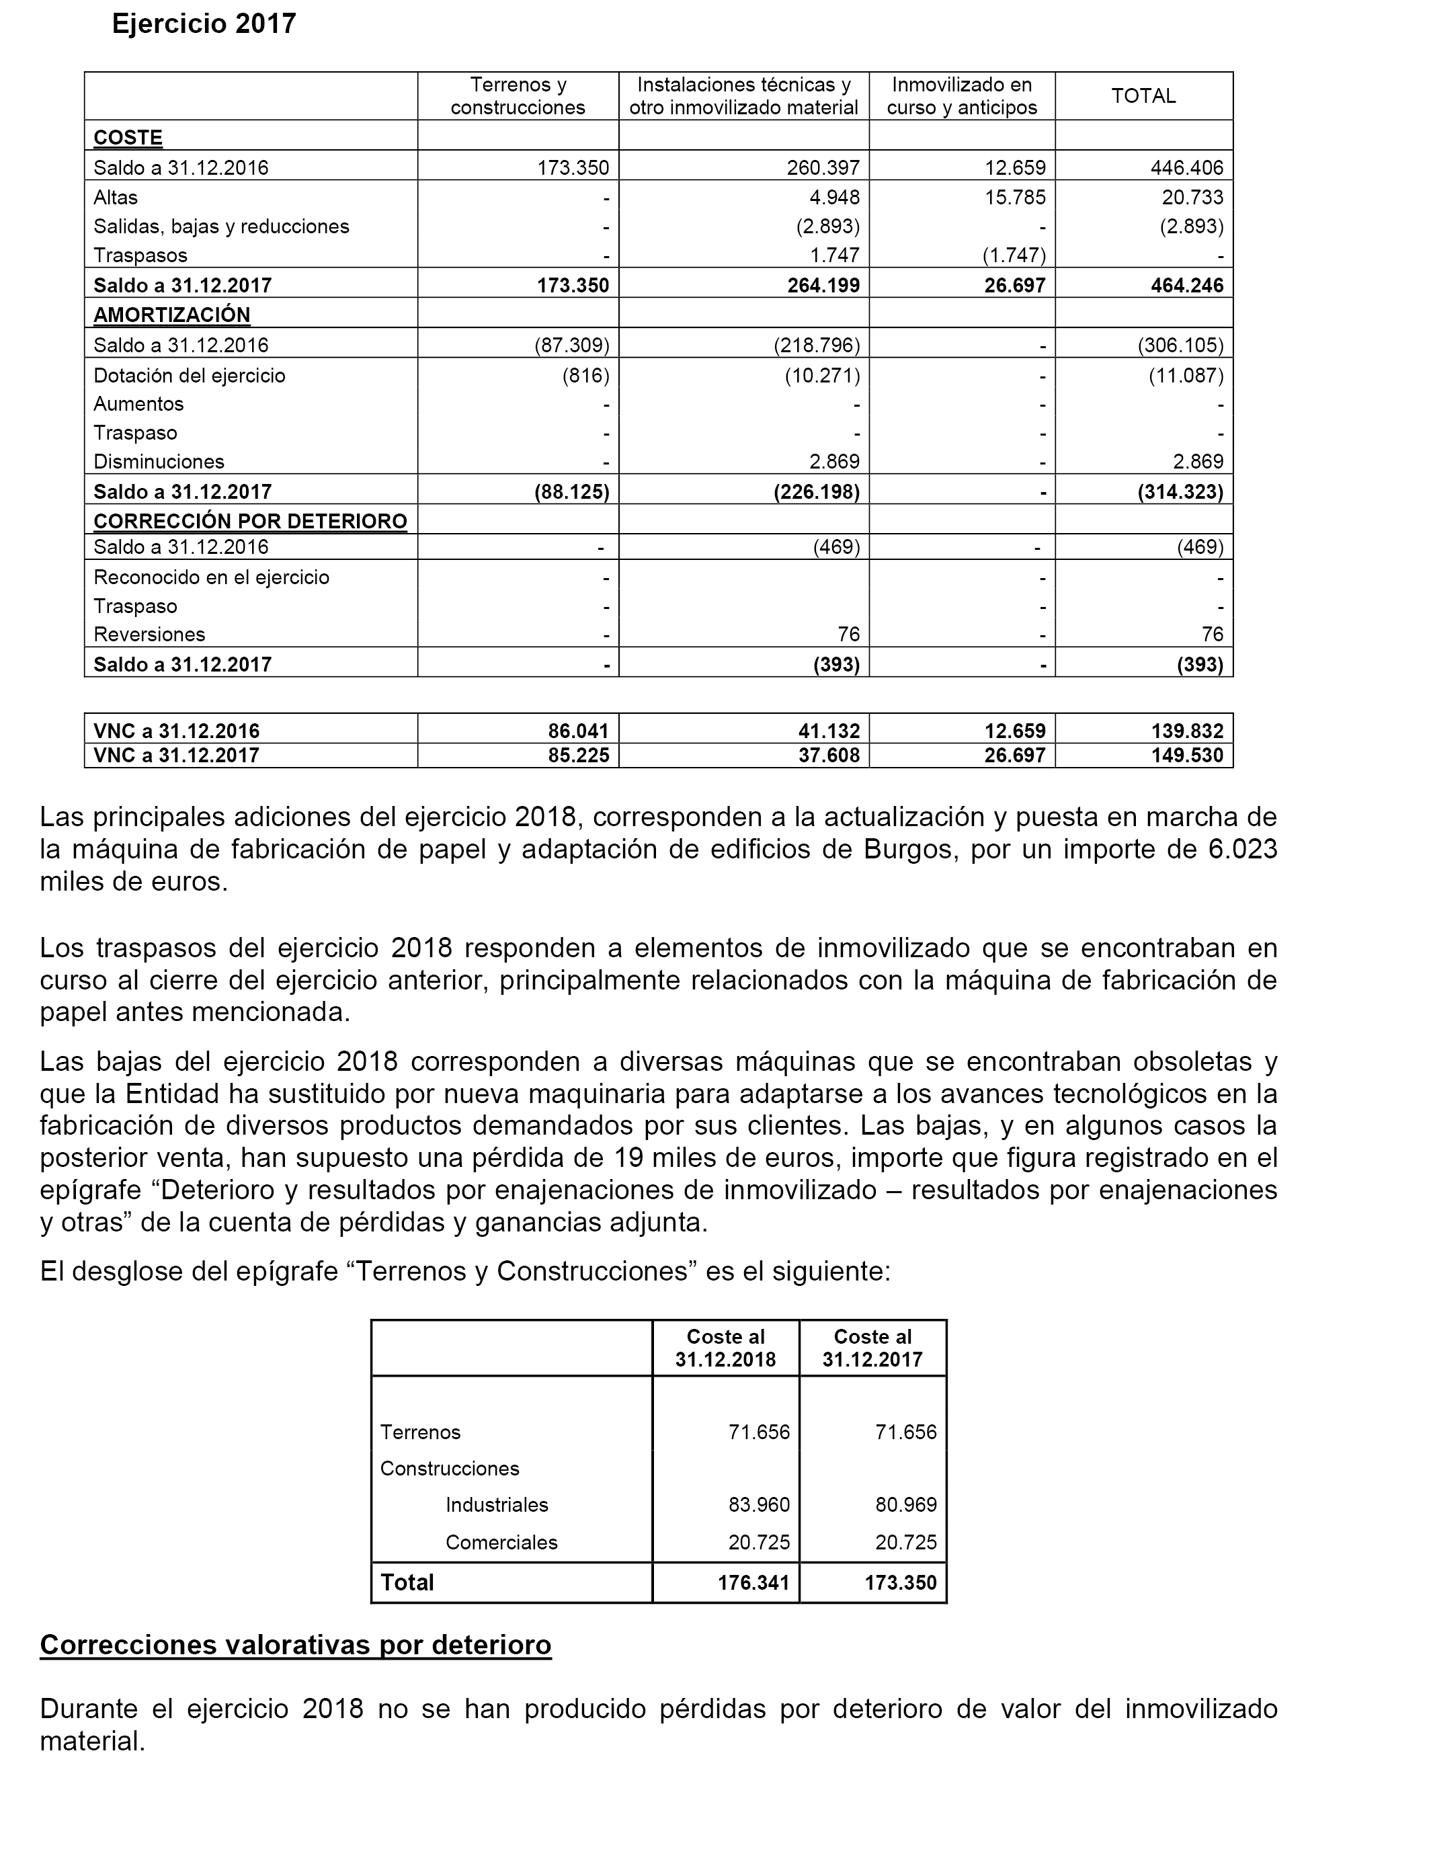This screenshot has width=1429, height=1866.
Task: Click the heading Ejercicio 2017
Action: [204, 24]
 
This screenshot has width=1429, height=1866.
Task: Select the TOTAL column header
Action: [1143, 96]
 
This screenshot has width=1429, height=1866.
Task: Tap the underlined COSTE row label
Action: [128, 137]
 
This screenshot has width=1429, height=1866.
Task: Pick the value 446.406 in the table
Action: [1186, 167]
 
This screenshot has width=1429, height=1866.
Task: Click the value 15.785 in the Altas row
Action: [1015, 198]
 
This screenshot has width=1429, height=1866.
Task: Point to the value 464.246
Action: [1186, 285]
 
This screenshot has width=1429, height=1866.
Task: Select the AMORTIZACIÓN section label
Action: [172, 315]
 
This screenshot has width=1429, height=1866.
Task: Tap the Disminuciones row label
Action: [159, 462]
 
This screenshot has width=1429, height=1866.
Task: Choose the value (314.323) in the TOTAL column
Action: [1180, 491]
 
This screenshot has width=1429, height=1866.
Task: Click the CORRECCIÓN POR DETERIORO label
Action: [250, 520]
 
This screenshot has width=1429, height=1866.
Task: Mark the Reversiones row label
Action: [150, 635]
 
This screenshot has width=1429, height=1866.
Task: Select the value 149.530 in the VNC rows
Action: [1186, 756]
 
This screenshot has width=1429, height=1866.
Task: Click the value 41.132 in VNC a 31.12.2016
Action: [829, 731]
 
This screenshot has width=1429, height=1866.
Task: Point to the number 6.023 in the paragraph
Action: [1243, 849]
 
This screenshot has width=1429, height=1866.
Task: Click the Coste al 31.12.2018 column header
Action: [725, 1348]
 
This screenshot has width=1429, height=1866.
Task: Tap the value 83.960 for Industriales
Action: [759, 1504]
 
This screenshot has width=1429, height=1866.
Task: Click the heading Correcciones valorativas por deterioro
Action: [296, 1646]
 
